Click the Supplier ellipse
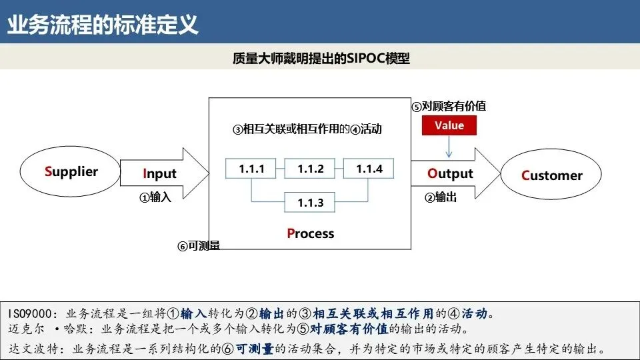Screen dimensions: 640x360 click(71, 172)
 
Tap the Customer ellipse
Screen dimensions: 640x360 click(551, 175)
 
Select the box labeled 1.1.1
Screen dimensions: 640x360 click(251, 169)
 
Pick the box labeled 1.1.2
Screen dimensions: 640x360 click(310, 169)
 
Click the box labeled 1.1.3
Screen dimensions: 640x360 click(310, 203)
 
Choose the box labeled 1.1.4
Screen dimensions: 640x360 click(369, 169)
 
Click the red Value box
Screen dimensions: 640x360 click(449, 125)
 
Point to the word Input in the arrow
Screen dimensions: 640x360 click(159, 174)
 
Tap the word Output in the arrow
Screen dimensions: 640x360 click(450, 174)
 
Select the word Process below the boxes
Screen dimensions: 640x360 click(310, 233)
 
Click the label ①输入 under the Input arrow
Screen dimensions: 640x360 click(155, 197)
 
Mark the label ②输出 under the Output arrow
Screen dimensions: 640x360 click(441, 197)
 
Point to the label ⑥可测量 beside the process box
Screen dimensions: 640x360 click(199, 246)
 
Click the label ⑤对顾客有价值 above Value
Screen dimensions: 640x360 click(448, 106)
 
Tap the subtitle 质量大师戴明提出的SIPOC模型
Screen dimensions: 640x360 click(321, 59)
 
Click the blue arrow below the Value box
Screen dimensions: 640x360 click(449, 147)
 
